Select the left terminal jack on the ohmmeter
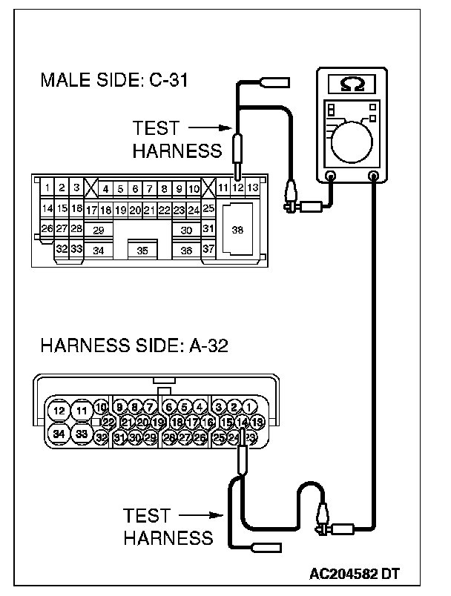[332, 176]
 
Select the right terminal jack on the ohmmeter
[374, 176]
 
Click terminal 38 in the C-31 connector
[237, 230]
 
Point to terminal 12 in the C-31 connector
[238, 188]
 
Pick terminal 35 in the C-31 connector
[142, 251]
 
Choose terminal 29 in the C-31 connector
[98, 231]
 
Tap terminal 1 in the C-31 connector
[47, 188]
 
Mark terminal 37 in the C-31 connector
[208, 250]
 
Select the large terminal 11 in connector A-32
[82, 410]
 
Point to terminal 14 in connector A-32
[242, 422]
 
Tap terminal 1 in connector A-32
[251, 406]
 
